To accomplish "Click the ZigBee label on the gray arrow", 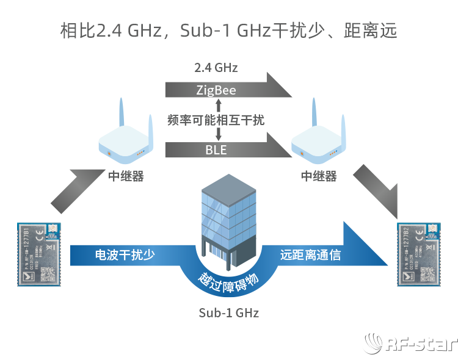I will [x=216, y=91].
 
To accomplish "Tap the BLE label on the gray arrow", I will [x=216, y=149].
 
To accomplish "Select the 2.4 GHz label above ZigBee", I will [x=216, y=67].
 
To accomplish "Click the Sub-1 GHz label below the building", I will [x=229, y=313].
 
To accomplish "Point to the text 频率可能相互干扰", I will [x=216, y=120].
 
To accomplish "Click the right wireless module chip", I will [x=418, y=255].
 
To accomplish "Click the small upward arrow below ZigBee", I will [x=218, y=105].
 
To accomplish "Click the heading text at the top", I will [x=229, y=30].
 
